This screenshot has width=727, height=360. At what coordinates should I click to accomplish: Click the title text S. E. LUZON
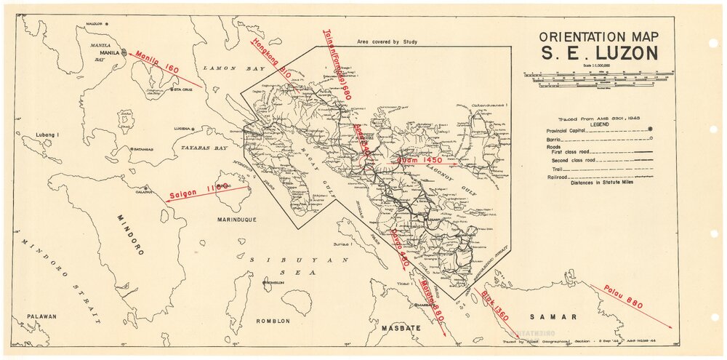click(598, 53)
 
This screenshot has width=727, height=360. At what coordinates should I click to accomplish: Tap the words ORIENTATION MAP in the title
click(598, 36)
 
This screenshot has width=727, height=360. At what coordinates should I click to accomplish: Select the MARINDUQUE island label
click(236, 219)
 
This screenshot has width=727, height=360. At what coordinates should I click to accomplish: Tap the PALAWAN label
click(41, 316)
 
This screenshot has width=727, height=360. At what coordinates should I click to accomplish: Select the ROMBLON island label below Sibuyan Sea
click(273, 321)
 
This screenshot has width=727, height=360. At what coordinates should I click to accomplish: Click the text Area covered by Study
click(387, 42)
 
